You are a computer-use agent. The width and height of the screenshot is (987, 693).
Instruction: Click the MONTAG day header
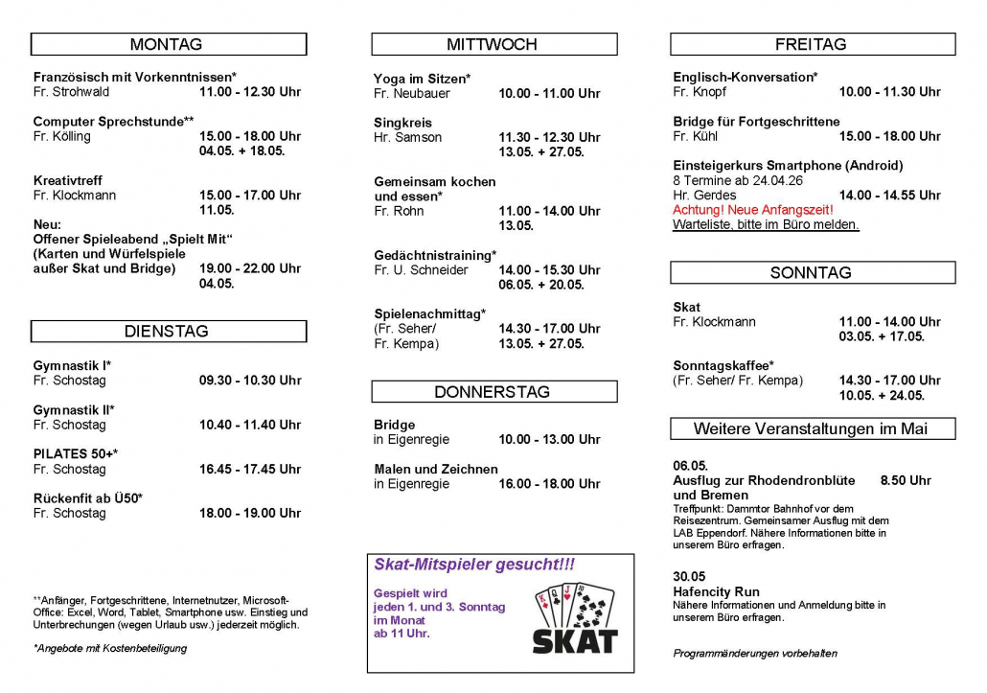(169, 44)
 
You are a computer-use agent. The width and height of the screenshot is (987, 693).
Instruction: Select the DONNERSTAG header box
(493, 391)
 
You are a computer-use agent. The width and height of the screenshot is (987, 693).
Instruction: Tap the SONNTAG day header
(812, 273)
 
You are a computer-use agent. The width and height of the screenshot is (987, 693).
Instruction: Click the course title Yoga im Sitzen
(422, 79)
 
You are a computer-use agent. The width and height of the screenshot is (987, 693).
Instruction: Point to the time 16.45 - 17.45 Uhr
(250, 469)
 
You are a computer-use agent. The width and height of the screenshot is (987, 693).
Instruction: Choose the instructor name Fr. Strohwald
(72, 92)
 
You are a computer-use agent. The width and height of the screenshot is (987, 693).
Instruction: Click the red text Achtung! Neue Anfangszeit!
(753, 210)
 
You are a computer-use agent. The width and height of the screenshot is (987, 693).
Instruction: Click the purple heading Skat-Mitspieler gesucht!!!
(474, 566)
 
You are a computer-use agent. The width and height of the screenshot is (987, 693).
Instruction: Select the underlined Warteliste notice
(766, 225)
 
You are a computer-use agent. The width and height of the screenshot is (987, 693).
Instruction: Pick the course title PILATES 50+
(76, 453)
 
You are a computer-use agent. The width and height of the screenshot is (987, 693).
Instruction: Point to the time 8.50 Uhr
(906, 480)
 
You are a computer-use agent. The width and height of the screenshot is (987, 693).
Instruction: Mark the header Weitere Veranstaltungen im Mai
(812, 428)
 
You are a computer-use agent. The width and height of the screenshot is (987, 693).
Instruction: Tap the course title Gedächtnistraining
(435, 255)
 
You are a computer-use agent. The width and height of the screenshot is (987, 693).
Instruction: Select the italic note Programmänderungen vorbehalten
(755, 654)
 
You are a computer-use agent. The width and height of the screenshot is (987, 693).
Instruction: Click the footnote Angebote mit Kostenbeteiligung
(110, 648)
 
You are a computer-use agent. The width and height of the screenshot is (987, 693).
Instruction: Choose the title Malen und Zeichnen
(436, 469)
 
